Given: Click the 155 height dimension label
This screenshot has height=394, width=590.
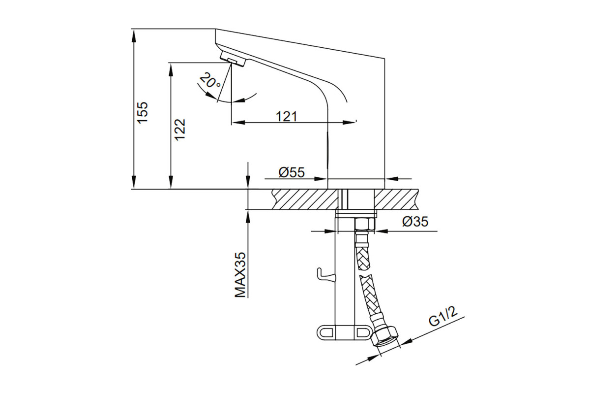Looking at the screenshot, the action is [143, 112].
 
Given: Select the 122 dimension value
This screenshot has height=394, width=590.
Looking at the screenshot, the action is [180, 130].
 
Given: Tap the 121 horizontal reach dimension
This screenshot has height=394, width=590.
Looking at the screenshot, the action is [287, 116].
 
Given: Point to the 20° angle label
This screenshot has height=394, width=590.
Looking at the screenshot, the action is [210, 80].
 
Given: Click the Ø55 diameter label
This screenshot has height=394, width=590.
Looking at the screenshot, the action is [292, 172].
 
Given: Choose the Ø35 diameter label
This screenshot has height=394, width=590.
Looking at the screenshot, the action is [415, 222].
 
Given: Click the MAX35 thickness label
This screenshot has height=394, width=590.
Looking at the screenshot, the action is [240, 275].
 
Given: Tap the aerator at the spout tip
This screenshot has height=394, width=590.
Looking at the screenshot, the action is [233, 59].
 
